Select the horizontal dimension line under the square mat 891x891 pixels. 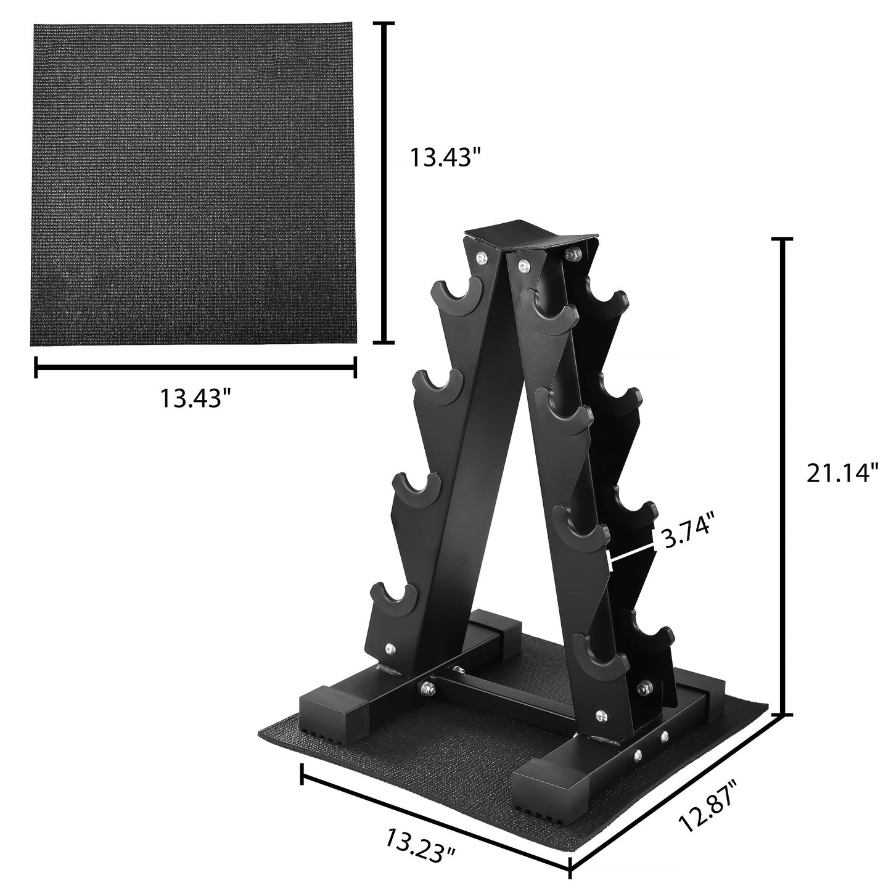point(195,367)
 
